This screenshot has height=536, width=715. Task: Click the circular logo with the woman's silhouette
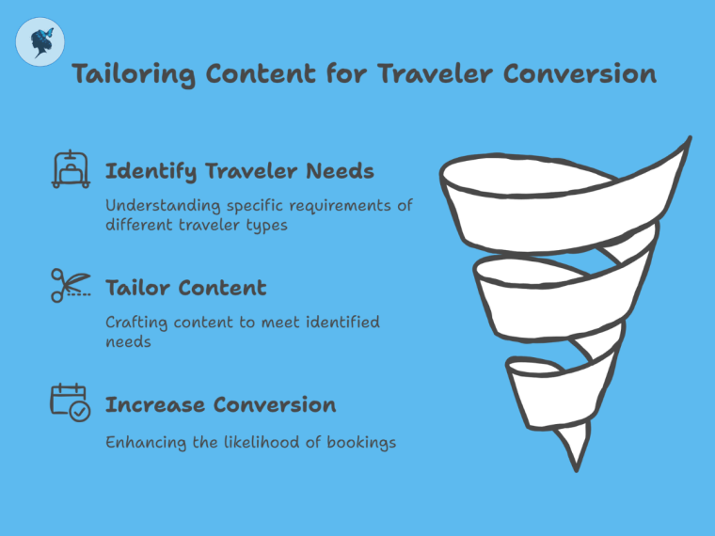[x=40, y=42]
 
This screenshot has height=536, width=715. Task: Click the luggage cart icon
[x=70, y=169]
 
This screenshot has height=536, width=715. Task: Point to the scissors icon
[x=70, y=285]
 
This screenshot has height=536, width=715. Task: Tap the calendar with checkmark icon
[x=70, y=402]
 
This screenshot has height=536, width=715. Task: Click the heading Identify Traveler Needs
[x=239, y=171]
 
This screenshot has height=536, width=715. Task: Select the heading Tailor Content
[x=185, y=288]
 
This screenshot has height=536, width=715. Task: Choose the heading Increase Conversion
[x=220, y=404]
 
